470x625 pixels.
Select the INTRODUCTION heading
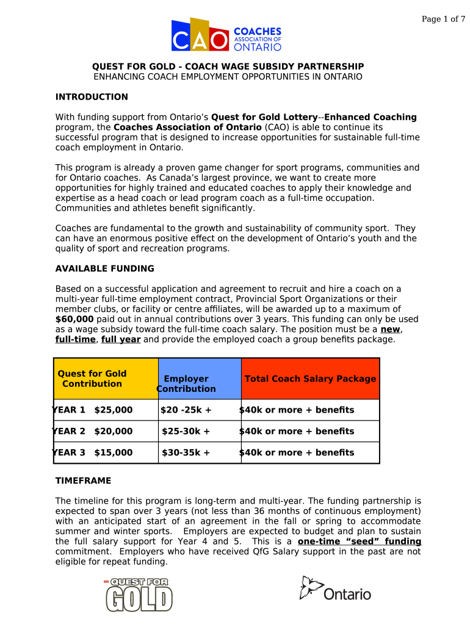pos(92,97)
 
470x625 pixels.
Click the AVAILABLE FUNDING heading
pos(104,269)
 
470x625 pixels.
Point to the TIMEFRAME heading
pos(83,481)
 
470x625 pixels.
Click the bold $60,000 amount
pos(74,319)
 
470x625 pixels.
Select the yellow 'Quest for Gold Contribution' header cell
pos(106,378)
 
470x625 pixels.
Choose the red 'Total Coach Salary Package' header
pos(310,378)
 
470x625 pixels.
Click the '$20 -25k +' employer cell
pos(186,410)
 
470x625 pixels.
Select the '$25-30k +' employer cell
pos(186,432)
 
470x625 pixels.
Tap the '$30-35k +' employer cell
pos(186,453)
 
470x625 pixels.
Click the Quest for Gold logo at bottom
pos(139,594)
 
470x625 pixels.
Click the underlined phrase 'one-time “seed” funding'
pos(359,542)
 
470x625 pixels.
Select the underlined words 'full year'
pos(121,339)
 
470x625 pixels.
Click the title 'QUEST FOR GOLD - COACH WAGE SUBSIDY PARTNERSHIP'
pos(228,67)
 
